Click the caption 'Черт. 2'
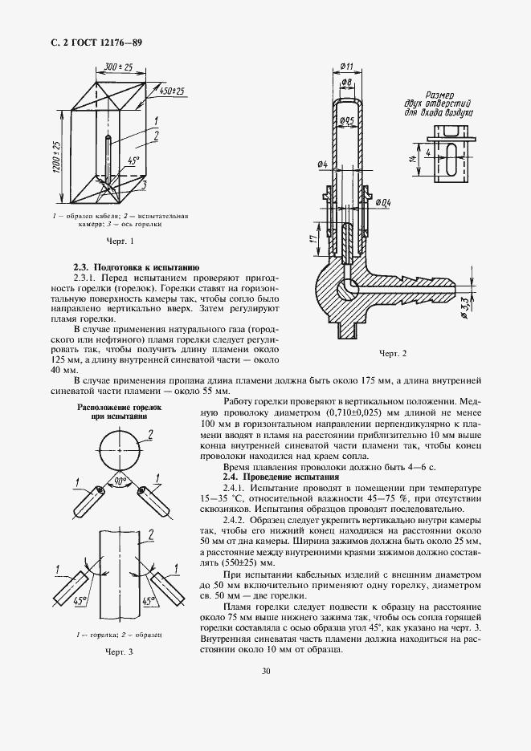coord(394,353)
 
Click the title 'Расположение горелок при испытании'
coord(119,412)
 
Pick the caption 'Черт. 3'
coord(119,652)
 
